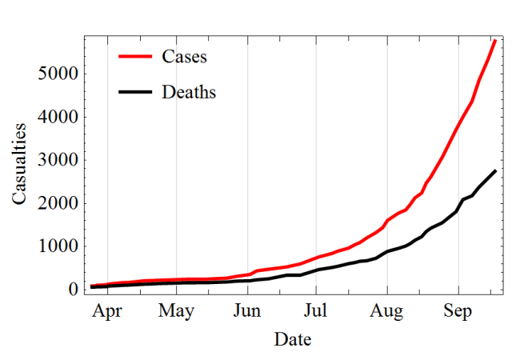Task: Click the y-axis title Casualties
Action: click(21, 163)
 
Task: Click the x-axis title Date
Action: click(292, 339)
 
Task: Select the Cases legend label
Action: click(184, 57)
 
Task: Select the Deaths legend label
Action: click(189, 92)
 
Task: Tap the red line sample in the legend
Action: click(135, 57)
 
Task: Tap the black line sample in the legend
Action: click(135, 92)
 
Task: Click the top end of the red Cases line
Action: click(495, 40)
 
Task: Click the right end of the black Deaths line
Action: click(495, 171)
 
